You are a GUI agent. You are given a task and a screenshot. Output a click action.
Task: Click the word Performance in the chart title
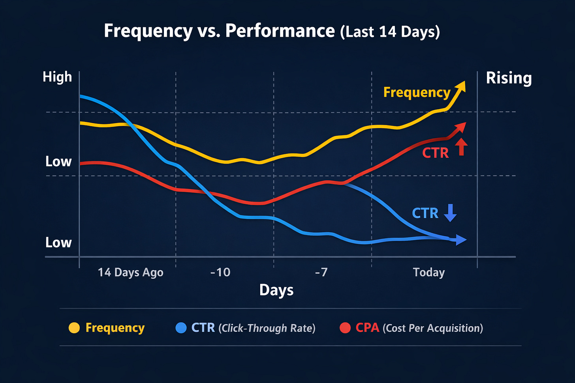pos(280,31)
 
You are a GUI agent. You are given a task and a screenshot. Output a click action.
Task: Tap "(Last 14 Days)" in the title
pos(390,32)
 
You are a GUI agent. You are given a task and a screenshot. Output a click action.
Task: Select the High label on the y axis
pos(57,77)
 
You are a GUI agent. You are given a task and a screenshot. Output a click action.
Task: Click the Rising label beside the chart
pos(509,78)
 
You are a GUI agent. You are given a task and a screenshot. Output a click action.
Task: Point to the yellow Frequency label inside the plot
pos(417,92)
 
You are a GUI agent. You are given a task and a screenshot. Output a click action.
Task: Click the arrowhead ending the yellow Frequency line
pos(461,86)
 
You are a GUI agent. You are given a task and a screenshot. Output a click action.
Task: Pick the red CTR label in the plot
pos(435,153)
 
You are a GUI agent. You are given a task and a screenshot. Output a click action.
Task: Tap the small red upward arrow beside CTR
pos(461,147)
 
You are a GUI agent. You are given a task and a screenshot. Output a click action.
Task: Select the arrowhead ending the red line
pos(461,127)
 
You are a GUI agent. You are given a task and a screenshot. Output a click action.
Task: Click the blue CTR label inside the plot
pos(425,213)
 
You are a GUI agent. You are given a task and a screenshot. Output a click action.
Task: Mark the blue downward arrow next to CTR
pos(450,213)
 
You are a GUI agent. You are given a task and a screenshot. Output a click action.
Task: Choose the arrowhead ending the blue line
pos(461,239)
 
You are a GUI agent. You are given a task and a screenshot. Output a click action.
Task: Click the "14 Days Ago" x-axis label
pos(130,273)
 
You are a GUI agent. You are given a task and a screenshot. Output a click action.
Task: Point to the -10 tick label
pos(220,272)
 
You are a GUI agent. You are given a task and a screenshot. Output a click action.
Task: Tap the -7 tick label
pos(321,272)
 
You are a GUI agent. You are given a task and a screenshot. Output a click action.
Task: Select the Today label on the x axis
pos(429,272)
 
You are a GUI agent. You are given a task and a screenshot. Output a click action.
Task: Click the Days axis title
pos(276,290)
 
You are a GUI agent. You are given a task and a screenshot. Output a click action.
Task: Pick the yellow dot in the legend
pos(74,328)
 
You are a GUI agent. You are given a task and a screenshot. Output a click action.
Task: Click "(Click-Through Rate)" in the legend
pos(267,328)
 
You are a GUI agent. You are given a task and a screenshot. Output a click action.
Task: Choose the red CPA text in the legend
pos(367,328)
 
